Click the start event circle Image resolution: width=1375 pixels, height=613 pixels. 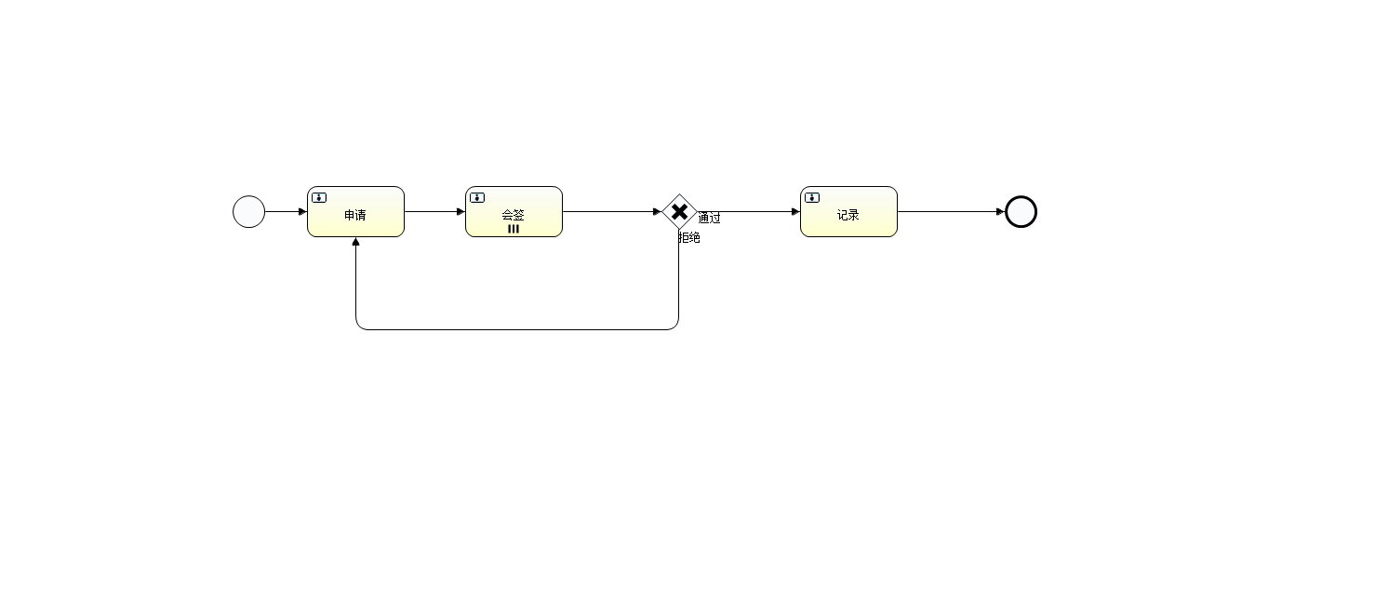point(248,212)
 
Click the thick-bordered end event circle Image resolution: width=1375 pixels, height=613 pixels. point(1021,212)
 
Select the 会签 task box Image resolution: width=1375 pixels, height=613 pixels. point(514,212)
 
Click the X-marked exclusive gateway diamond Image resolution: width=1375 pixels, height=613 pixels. point(679,212)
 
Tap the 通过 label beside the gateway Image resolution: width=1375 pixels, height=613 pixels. point(709,219)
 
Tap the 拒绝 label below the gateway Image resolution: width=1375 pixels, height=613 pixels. point(688,238)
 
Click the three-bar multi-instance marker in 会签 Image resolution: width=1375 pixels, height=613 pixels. point(514,229)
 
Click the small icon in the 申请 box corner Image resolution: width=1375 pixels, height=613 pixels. point(319,197)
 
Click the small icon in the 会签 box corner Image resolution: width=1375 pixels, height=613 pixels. point(477,197)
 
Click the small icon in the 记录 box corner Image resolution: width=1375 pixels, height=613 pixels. point(812,197)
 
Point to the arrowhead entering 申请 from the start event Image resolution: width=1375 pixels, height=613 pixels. point(302,212)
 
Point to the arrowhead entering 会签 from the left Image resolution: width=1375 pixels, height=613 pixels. point(461,212)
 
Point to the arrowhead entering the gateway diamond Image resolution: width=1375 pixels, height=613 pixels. point(657,212)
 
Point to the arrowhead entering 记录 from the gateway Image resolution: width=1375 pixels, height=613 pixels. point(795,212)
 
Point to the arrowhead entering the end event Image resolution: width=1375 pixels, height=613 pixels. point(1000,212)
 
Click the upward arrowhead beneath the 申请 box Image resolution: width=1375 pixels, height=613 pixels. point(355,243)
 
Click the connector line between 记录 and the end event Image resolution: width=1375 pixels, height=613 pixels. point(949,212)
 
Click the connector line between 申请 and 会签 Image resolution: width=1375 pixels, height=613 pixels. point(433,212)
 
